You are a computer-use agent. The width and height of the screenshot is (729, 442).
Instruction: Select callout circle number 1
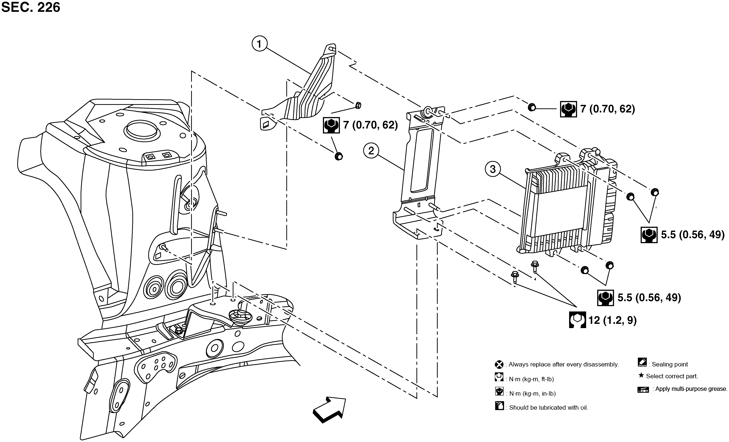pos(260,44)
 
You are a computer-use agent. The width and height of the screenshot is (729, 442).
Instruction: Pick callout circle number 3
pos(493,169)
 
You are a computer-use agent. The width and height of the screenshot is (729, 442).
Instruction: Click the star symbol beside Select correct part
pos(641,376)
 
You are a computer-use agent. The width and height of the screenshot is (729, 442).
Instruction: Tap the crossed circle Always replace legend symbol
pos(499,364)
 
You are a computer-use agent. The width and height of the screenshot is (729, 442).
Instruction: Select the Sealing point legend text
pos(670,364)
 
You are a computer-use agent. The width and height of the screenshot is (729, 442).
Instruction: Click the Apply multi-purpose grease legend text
pos(691,389)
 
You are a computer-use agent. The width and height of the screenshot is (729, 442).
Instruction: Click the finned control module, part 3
pos(562,207)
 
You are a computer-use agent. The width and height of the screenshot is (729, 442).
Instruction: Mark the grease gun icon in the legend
pos(643,389)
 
